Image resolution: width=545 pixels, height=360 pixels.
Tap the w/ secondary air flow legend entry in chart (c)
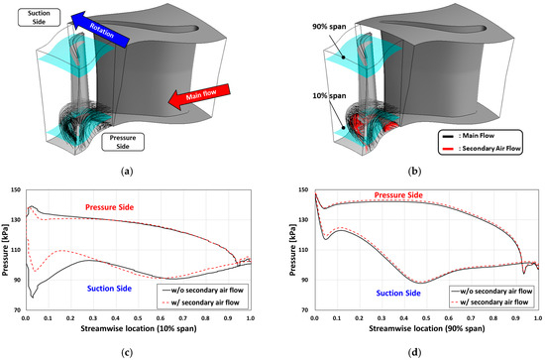(x=212, y=298)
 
